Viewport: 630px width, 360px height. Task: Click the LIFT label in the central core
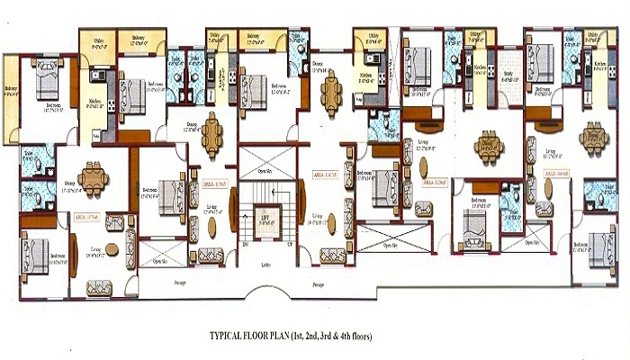(x=265, y=217)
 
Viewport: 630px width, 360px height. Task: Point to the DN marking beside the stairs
(x=243, y=245)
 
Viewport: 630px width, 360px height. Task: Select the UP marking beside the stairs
(x=287, y=245)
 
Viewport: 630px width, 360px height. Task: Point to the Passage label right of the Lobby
(x=318, y=283)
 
